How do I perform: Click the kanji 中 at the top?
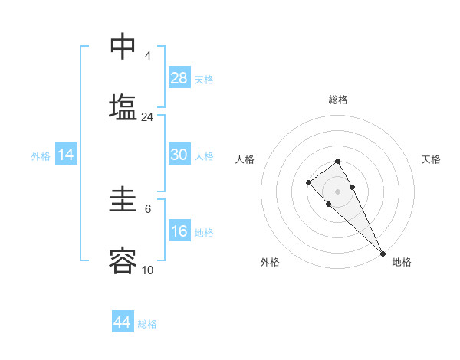click(122, 46)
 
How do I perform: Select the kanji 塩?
click(122, 106)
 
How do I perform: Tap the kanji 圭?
click(122, 201)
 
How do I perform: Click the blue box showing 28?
click(179, 77)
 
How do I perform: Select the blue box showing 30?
click(179, 155)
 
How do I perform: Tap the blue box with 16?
click(179, 231)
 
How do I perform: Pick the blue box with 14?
click(66, 155)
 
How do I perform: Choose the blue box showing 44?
click(122, 322)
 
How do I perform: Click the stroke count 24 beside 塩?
click(147, 117)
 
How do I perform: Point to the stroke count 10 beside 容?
click(147, 270)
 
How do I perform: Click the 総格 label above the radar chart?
click(338, 100)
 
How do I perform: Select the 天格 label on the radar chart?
click(431, 159)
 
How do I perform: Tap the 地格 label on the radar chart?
click(402, 262)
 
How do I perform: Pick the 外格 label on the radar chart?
click(270, 262)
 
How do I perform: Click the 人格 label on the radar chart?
click(245, 159)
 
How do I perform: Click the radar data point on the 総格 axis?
click(337, 161)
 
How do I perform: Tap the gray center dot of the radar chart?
click(337, 191)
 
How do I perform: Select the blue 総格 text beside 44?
click(147, 324)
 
